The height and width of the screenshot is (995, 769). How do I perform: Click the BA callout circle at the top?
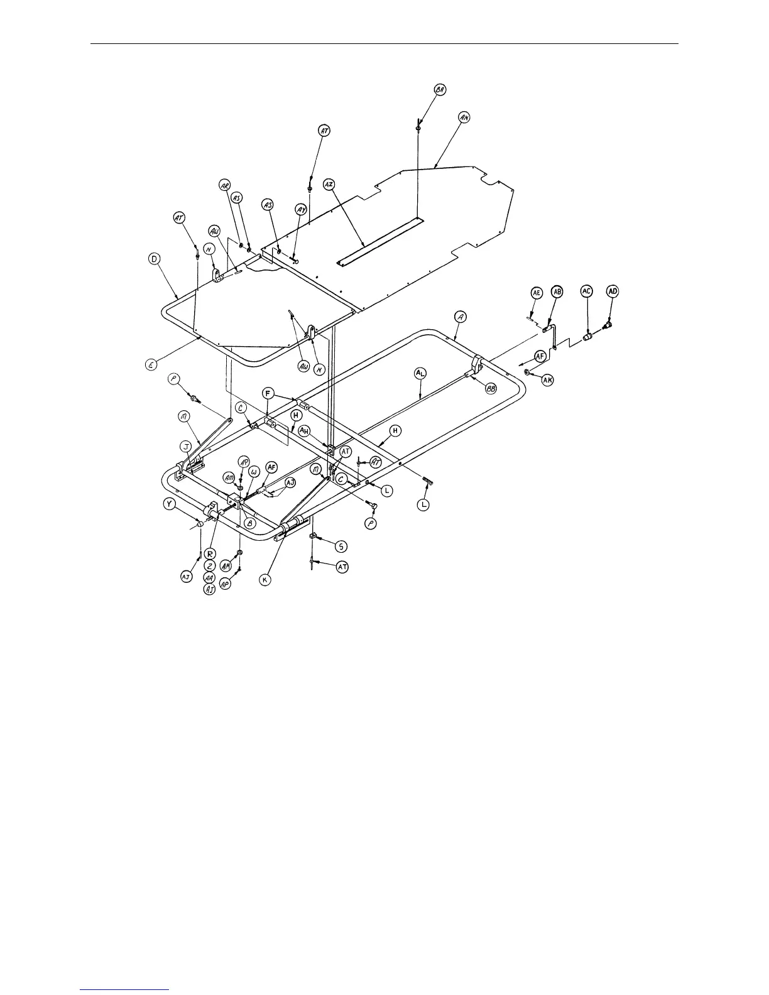point(440,90)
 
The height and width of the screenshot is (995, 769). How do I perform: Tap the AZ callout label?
point(329,184)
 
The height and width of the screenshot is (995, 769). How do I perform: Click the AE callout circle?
point(537,293)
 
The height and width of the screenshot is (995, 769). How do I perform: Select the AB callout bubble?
point(557,291)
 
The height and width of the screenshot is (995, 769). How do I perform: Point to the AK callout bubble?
point(548,380)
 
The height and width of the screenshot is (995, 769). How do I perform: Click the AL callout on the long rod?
point(420,373)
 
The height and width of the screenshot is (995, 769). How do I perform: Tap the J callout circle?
point(186,447)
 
